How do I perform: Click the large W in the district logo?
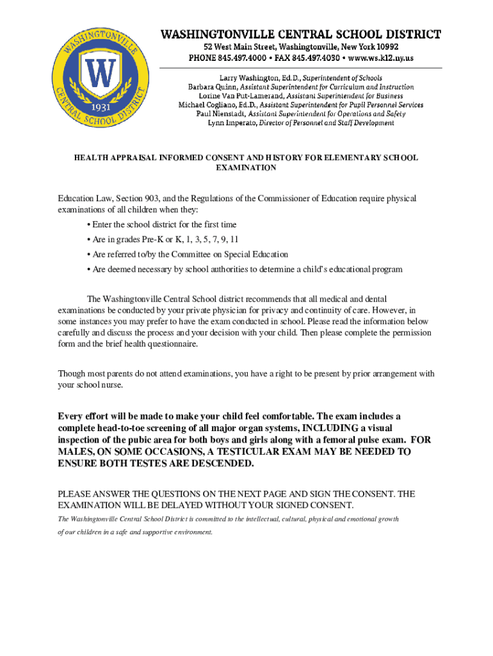tap(100, 75)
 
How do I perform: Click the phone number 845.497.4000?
tap(244, 58)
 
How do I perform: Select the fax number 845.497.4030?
tap(319, 58)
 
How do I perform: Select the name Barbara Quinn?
tap(209, 86)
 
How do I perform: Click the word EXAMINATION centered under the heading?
tap(247, 168)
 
